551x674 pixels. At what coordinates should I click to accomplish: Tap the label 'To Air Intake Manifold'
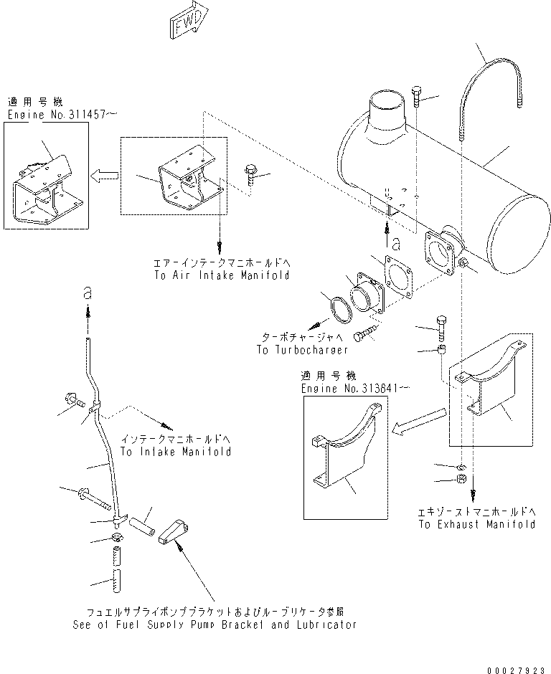(222, 275)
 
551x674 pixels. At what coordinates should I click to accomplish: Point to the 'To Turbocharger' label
(302, 350)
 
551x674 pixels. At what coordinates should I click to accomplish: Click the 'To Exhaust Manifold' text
(477, 524)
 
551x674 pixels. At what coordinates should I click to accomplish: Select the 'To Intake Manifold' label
(175, 452)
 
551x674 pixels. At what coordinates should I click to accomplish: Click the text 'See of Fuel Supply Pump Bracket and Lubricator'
(215, 624)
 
